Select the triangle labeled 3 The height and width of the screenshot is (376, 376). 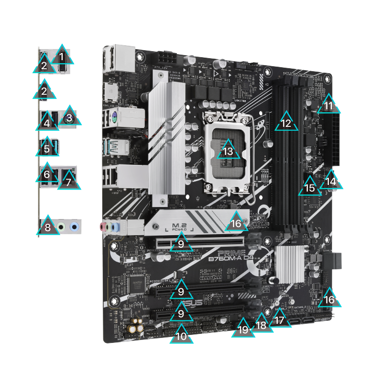click(70, 117)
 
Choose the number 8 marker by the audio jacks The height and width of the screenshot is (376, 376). click(48, 227)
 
